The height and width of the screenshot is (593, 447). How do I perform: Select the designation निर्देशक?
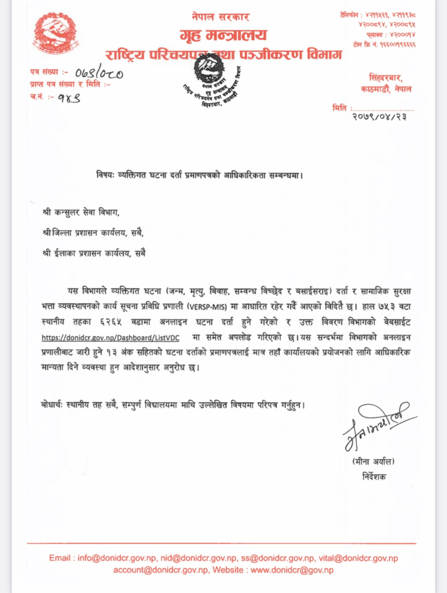(x=374, y=476)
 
